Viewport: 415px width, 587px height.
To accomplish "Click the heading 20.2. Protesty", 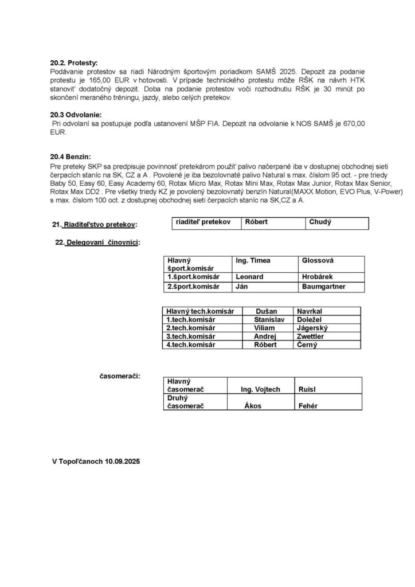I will coord(75,61).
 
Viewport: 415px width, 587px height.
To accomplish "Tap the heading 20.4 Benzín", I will coord(71,156).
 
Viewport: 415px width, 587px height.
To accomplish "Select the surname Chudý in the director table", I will coord(320,222).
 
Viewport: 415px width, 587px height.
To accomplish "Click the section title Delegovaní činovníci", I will coord(103,242).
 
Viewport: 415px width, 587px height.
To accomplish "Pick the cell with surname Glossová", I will coord(318,260).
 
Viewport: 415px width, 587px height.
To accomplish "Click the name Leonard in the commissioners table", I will coord(249,276).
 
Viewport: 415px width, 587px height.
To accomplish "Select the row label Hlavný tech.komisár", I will coord(200,311).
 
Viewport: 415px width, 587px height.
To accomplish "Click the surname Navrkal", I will coord(309,311).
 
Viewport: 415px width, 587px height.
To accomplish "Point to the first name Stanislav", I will coord(269,319).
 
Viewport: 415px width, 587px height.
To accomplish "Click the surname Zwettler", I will coord(310,336).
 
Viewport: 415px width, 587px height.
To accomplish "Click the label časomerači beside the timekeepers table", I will coord(120,376).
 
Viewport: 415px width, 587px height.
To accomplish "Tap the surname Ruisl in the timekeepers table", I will coord(307,390).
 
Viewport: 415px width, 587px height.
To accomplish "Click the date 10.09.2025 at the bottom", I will coord(122,460).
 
